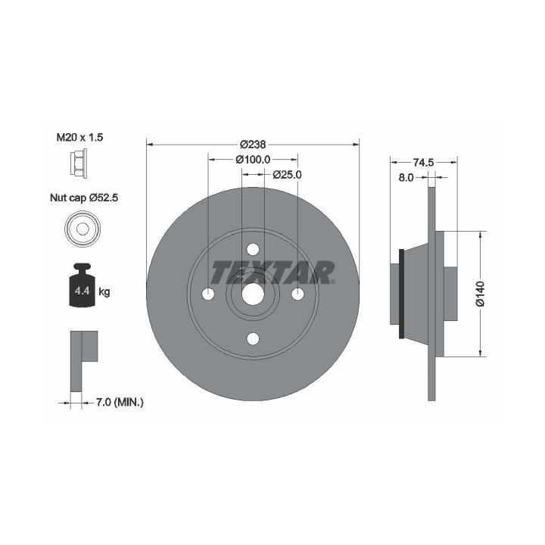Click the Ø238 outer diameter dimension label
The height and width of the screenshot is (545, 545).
253,144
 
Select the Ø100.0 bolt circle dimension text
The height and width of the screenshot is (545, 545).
253,159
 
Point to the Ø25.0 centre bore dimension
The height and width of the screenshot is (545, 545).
287,175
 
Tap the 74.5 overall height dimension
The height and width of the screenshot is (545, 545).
423,162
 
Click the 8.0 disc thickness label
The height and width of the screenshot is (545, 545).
406,178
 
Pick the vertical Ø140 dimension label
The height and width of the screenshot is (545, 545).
480,294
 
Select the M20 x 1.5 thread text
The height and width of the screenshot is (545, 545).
79,137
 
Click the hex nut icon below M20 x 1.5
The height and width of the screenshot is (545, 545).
78,163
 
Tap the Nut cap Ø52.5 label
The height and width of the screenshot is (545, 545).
84,198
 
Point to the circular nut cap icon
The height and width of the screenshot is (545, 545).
83,229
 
